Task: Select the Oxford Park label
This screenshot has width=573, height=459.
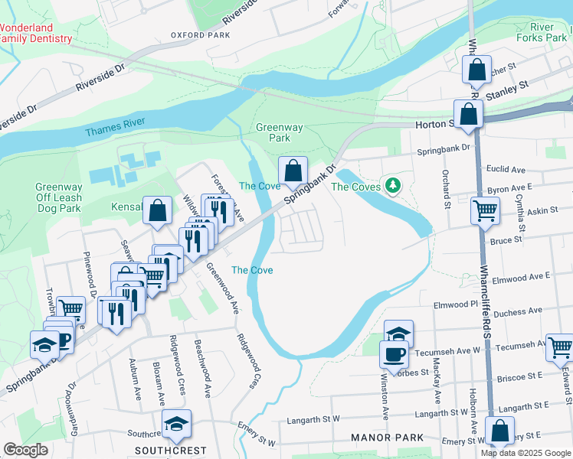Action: [201, 35]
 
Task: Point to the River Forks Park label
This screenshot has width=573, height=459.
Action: [546, 31]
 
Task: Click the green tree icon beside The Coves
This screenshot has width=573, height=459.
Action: [393, 185]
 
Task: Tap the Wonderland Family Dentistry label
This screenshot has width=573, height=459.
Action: [36, 33]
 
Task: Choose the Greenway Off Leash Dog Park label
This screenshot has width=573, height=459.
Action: [58, 197]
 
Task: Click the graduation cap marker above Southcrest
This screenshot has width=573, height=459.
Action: [177, 423]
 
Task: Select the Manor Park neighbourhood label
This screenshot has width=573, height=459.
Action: [388, 438]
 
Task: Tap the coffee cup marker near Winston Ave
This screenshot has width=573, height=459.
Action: [395, 355]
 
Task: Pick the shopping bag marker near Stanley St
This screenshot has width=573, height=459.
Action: [476, 71]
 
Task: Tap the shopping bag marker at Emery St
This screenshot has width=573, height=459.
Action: [499, 431]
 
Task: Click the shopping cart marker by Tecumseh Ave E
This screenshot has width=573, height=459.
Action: [560, 347]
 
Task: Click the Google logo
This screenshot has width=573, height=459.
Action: [26, 450]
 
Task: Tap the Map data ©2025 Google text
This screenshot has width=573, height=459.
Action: [526, 453]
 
